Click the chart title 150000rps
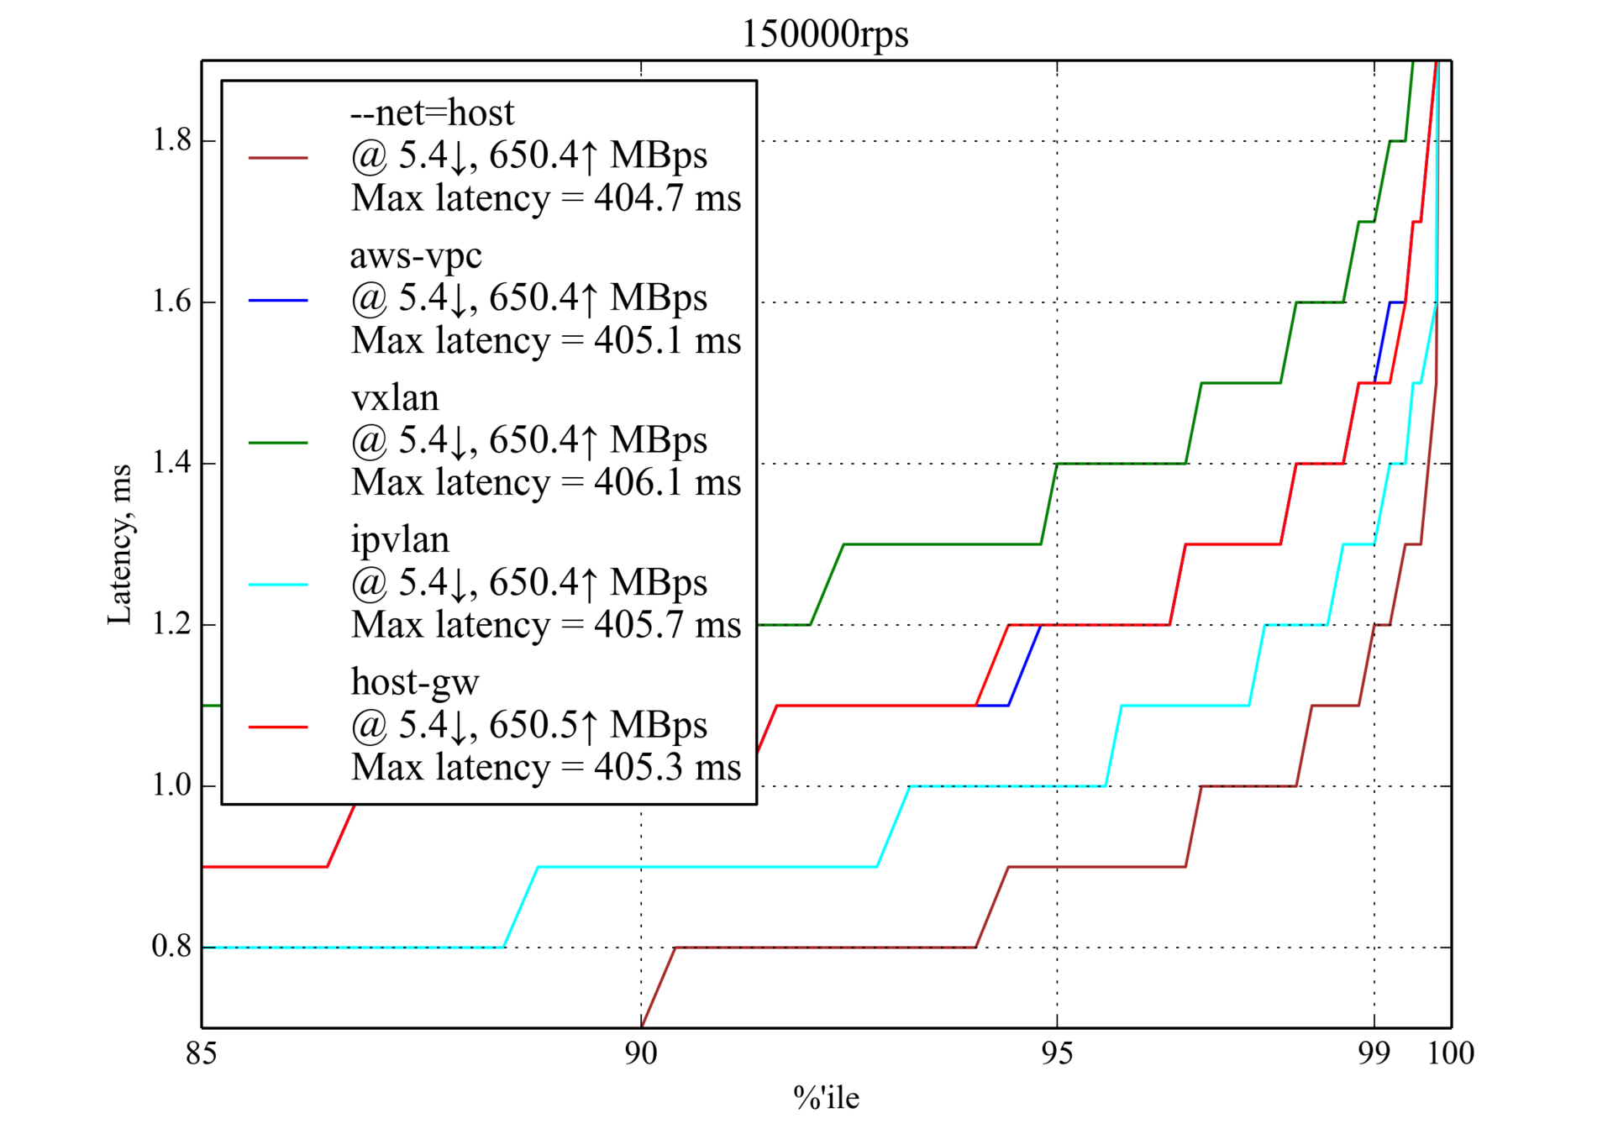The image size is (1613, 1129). click(825, 34)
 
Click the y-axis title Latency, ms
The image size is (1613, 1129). click(120, 544)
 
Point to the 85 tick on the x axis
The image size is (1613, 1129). click(202, 1053)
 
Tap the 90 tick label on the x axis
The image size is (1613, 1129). click(641, 1053)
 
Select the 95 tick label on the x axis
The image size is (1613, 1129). click(1057, 1053)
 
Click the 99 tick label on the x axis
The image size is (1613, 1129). click(1374, 1053)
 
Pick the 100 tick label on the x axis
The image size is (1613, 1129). click(1451, 1053)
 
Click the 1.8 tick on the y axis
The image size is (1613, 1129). click(171, 140)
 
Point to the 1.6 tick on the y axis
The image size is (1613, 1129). click(171, 302)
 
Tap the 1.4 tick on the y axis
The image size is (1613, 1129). click(171, 463)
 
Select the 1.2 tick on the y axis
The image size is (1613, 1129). click(171, 624)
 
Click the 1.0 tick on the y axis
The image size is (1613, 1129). click(171, 785)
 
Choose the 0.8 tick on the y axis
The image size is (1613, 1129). click(171, 947)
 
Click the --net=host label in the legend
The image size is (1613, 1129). click(432, 113)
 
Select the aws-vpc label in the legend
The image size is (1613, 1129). click(416, 255)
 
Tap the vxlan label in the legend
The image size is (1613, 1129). click(395, 397)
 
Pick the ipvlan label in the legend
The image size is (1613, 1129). click(400, 539)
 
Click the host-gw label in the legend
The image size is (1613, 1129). click(415, 682)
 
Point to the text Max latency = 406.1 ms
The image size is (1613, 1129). click(546, 483)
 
